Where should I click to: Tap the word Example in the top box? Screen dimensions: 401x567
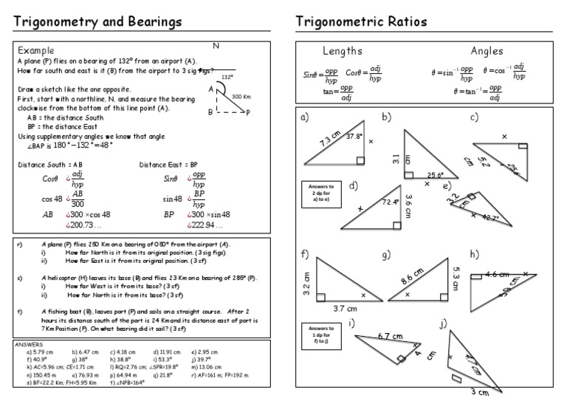click(37, 49)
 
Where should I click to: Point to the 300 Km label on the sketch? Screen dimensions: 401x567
click(241, 97)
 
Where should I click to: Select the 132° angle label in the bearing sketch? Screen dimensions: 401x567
click(227, 76)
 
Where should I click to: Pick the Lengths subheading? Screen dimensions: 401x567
click(342, 51)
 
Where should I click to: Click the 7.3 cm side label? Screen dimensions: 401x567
click(329, 142)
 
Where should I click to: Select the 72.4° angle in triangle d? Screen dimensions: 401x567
click(390, 202)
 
